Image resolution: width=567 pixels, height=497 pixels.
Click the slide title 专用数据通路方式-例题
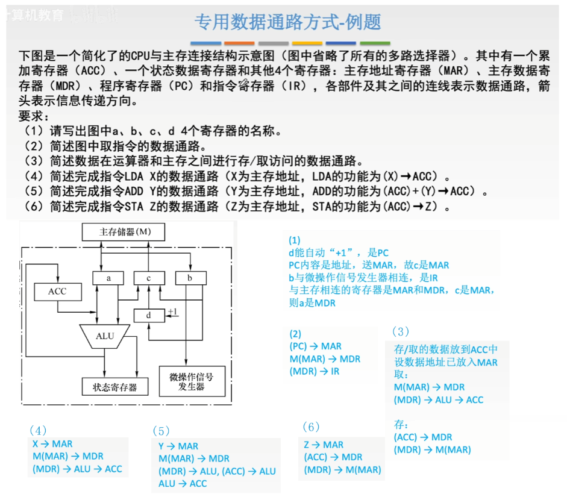coord(288,22)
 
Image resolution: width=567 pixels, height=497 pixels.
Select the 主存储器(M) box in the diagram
coord(125,232)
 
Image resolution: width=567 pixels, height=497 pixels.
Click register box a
coord(108,278)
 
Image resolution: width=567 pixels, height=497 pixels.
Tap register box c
coord(149,278)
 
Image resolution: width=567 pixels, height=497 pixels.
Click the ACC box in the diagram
coord(58,292)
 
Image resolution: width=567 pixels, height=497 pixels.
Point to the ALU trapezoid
coord(105,336)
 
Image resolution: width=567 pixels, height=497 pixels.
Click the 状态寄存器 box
coord(114,387)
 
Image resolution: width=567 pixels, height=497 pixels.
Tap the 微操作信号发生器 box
coord(192,381)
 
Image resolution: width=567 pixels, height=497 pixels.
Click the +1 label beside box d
coord(173,311)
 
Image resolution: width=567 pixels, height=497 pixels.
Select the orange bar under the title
coord(239,43)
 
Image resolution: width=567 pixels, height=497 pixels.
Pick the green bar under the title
coord(375,43)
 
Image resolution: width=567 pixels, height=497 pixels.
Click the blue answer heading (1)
coord(294,239)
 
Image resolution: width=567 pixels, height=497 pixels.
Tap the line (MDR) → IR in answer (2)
coord(315,372)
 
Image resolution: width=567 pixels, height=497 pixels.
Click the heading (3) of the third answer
coord(400,331)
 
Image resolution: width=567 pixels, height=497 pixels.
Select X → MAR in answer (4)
coord(52,444)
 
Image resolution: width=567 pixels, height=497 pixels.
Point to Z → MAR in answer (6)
coord(324,445)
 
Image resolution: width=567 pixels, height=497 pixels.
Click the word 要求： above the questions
coord(35,116)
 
